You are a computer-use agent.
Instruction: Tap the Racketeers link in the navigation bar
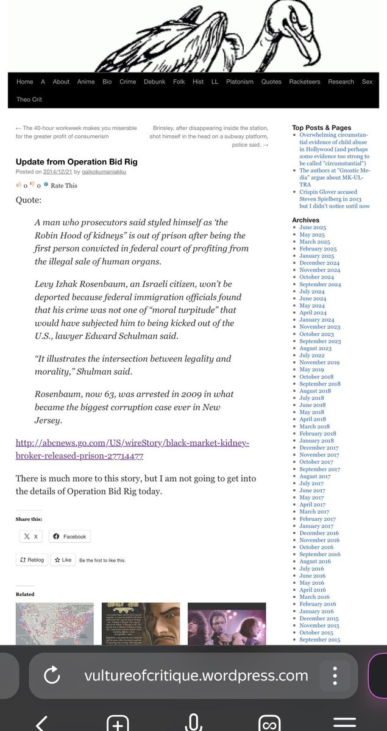point(305,82)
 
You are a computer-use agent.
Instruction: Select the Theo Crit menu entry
point(29,99)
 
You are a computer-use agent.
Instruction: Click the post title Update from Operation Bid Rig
point(76,161)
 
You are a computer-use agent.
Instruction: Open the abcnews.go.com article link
point(132,449)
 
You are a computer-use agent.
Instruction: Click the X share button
point(30,536)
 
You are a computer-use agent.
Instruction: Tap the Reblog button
point(32,559)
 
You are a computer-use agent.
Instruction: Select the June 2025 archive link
point(312,227)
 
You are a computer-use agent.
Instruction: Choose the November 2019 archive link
point(319,362)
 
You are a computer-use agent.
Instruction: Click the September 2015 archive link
point(320,640)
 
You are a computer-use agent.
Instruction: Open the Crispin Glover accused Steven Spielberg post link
point(334,199)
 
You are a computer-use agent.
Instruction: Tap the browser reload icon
point(52,675)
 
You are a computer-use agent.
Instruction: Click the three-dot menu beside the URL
point(335,676)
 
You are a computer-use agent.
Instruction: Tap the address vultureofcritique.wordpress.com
point(196,675)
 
